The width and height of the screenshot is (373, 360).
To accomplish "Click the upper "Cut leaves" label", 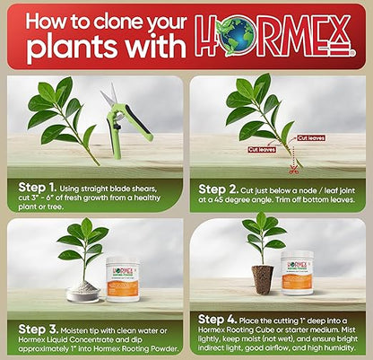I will (x=310, y=138).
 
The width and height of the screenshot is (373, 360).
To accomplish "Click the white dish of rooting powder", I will (x=84, y=291).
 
